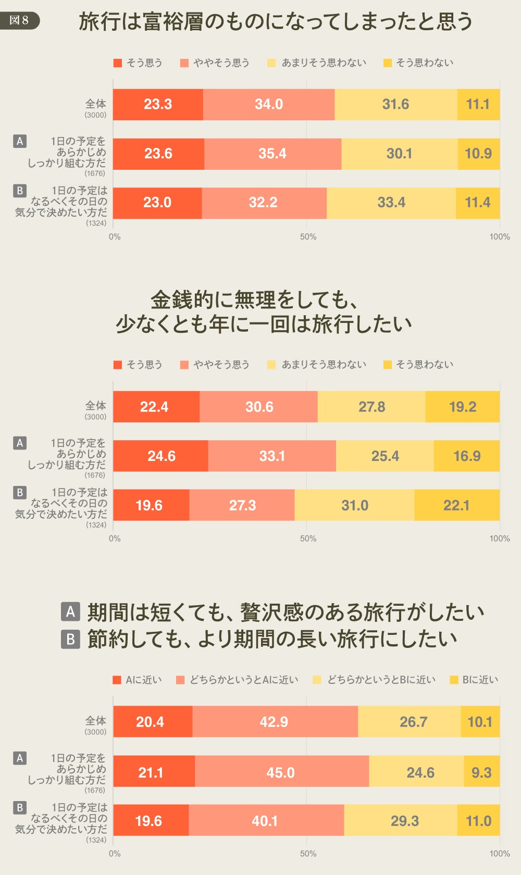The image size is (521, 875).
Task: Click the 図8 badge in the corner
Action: pos(19,21)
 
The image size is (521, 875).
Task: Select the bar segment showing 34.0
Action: pos(269,105)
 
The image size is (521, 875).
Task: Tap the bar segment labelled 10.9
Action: pos(478,154)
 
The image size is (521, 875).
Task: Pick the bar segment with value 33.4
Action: pos(391,203)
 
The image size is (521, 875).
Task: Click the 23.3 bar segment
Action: pos(158,105)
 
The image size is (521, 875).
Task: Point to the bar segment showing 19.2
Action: pos(463,407)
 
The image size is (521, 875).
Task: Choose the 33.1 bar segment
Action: pos(272,456)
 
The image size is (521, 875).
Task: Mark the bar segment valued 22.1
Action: pos(456,505)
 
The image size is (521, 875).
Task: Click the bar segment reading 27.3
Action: pos(242,505)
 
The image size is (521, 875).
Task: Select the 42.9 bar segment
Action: pos(275,722)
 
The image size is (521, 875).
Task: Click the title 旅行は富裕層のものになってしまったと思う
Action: pos(276,22)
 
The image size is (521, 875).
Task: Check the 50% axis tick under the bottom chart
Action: pos(308,854)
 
